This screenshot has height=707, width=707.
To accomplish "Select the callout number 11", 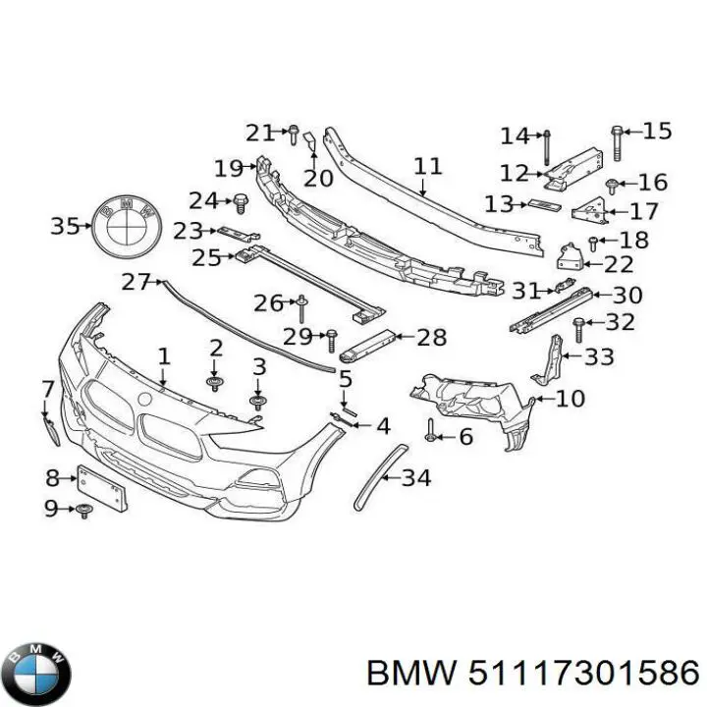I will tap(427, 166).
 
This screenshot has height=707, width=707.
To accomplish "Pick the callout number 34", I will tap(416, 478).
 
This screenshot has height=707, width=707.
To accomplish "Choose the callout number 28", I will tap(432, 338).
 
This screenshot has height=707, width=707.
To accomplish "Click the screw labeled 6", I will tap(431, 429).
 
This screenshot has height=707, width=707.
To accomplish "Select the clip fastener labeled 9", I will tap(84, 510).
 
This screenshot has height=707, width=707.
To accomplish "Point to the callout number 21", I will tap(259, 133).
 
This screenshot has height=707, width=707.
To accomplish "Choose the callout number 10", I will tap(570, 399).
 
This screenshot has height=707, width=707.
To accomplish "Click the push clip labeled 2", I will tap(214, 381).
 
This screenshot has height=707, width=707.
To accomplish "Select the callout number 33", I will tap(597, 357).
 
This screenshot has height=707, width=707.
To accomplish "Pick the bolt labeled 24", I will tap(241, 202).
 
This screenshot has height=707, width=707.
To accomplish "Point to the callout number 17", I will tap(644, 210).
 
